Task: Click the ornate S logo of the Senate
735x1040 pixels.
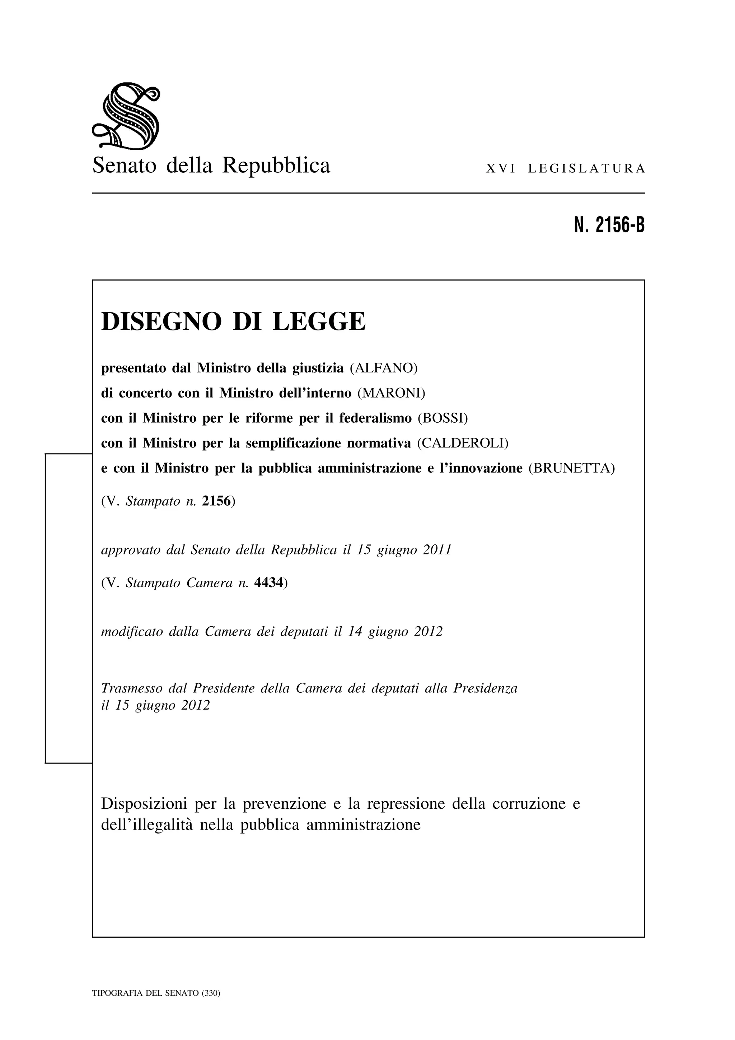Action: click(x=126, y=116)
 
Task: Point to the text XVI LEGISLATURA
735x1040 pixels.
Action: click(x=565, y=169)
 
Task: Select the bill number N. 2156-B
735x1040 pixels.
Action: click(x=609, y=225)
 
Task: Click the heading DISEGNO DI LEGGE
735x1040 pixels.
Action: click(x=233, y=322)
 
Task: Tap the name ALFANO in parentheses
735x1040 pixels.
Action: click(x=384, y=368)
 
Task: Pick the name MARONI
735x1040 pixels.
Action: click(x=392, y=393)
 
